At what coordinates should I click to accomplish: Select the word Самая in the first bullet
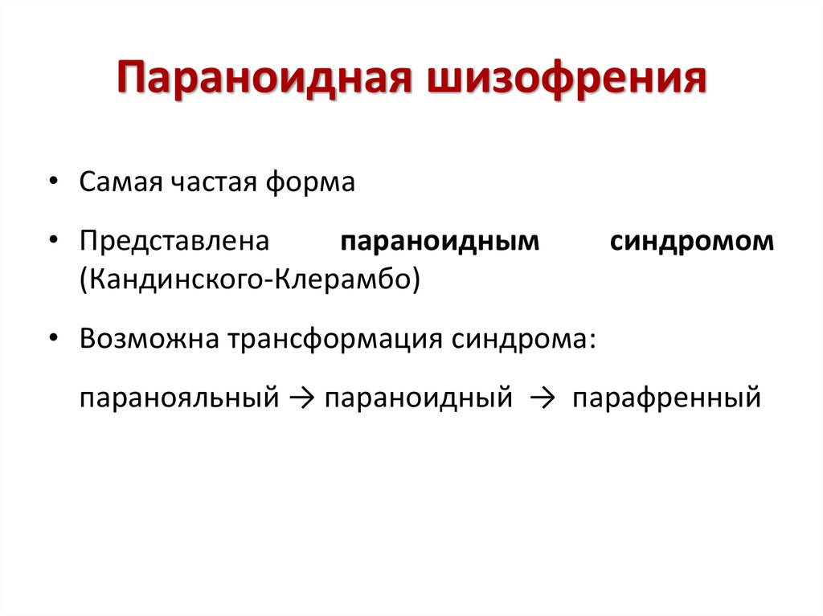click(121, 182)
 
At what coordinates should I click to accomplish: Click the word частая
click(214, 182)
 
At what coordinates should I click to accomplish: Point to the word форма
click(310, 182)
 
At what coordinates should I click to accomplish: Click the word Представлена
click(174, 242)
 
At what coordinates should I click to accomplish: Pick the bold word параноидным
click(440, 243)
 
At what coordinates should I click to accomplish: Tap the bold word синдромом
click(692, 243)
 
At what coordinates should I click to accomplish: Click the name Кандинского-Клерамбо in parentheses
click(250, 279)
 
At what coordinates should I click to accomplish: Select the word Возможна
click(149, 338)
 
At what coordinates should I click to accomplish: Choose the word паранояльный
click(179, 398)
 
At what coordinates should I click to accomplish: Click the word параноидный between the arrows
click(418, 398)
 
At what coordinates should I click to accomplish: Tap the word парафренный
click(666, 398)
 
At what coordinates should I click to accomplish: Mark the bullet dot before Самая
click(53, 181)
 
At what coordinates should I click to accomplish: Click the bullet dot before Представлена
click(53, 240)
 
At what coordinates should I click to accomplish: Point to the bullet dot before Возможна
click(53, 337)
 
